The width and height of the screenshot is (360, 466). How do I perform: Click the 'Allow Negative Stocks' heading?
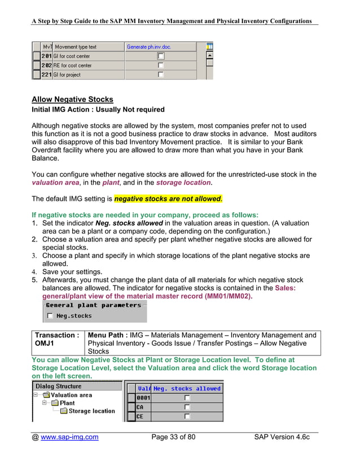(72, 99)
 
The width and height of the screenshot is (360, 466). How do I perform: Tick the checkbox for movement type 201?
(161, 56)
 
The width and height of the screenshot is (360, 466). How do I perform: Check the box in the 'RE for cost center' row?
(161, 65)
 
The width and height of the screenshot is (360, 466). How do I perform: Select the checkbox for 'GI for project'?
(161, 74)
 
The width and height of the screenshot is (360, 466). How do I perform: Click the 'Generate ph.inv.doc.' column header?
(148, 47)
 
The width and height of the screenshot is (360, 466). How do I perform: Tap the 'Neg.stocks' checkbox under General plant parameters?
(51, 316)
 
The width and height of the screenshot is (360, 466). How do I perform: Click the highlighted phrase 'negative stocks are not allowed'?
(168, 199)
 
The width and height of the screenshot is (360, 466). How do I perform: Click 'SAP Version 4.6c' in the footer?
(286, 437)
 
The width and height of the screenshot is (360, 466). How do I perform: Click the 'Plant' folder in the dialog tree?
(67, 403)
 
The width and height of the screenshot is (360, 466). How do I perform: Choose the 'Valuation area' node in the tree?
(71, 395)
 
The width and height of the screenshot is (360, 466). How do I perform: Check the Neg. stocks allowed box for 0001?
(187, 398)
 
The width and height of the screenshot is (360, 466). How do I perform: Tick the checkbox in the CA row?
(187, 407)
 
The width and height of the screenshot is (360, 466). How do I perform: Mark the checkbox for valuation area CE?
(187, 416)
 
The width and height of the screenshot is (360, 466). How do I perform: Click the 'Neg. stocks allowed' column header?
(187, 389)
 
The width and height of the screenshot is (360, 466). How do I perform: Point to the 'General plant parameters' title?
(94, 305)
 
